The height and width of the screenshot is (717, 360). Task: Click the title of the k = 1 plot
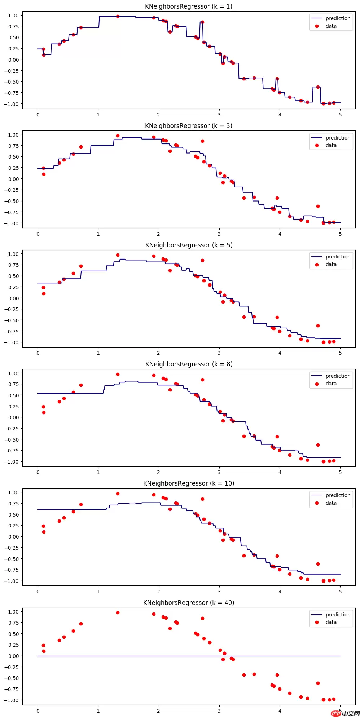(x=189, y=6)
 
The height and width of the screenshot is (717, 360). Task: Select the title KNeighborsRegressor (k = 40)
(x=189, y=603)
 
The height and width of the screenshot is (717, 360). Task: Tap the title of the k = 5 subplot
(x=189, y=245)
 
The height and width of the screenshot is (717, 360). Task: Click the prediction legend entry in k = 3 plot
(x=338, y=138)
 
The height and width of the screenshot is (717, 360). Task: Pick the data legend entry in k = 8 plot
(x=331, y=384)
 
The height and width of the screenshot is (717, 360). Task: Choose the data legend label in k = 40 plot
(x=331, y=622)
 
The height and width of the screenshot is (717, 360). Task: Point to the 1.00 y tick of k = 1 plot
(x=13, y=16)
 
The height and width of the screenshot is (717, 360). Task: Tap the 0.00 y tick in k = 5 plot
(x=13, y=298)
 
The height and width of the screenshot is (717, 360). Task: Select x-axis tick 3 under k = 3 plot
(x=219, y=234)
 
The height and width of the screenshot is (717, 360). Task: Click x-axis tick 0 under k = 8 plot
(x=38, y=472)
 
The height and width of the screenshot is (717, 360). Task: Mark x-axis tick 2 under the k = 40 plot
(x=158, y=711)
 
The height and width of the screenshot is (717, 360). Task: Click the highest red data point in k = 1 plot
(x=118, y=16)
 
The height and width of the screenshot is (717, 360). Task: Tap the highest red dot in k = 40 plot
(x=118, y=612)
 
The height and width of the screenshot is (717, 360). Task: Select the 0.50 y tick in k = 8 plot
(x=13, y=395)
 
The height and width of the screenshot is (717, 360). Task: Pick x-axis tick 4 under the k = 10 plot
(x=280, y=592)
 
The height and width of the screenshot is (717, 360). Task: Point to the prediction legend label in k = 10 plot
(x=338, y=495)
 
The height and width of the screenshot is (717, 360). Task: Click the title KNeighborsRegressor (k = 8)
(x=189, y=364)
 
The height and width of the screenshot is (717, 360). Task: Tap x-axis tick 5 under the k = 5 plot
(x=340, y=353)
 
